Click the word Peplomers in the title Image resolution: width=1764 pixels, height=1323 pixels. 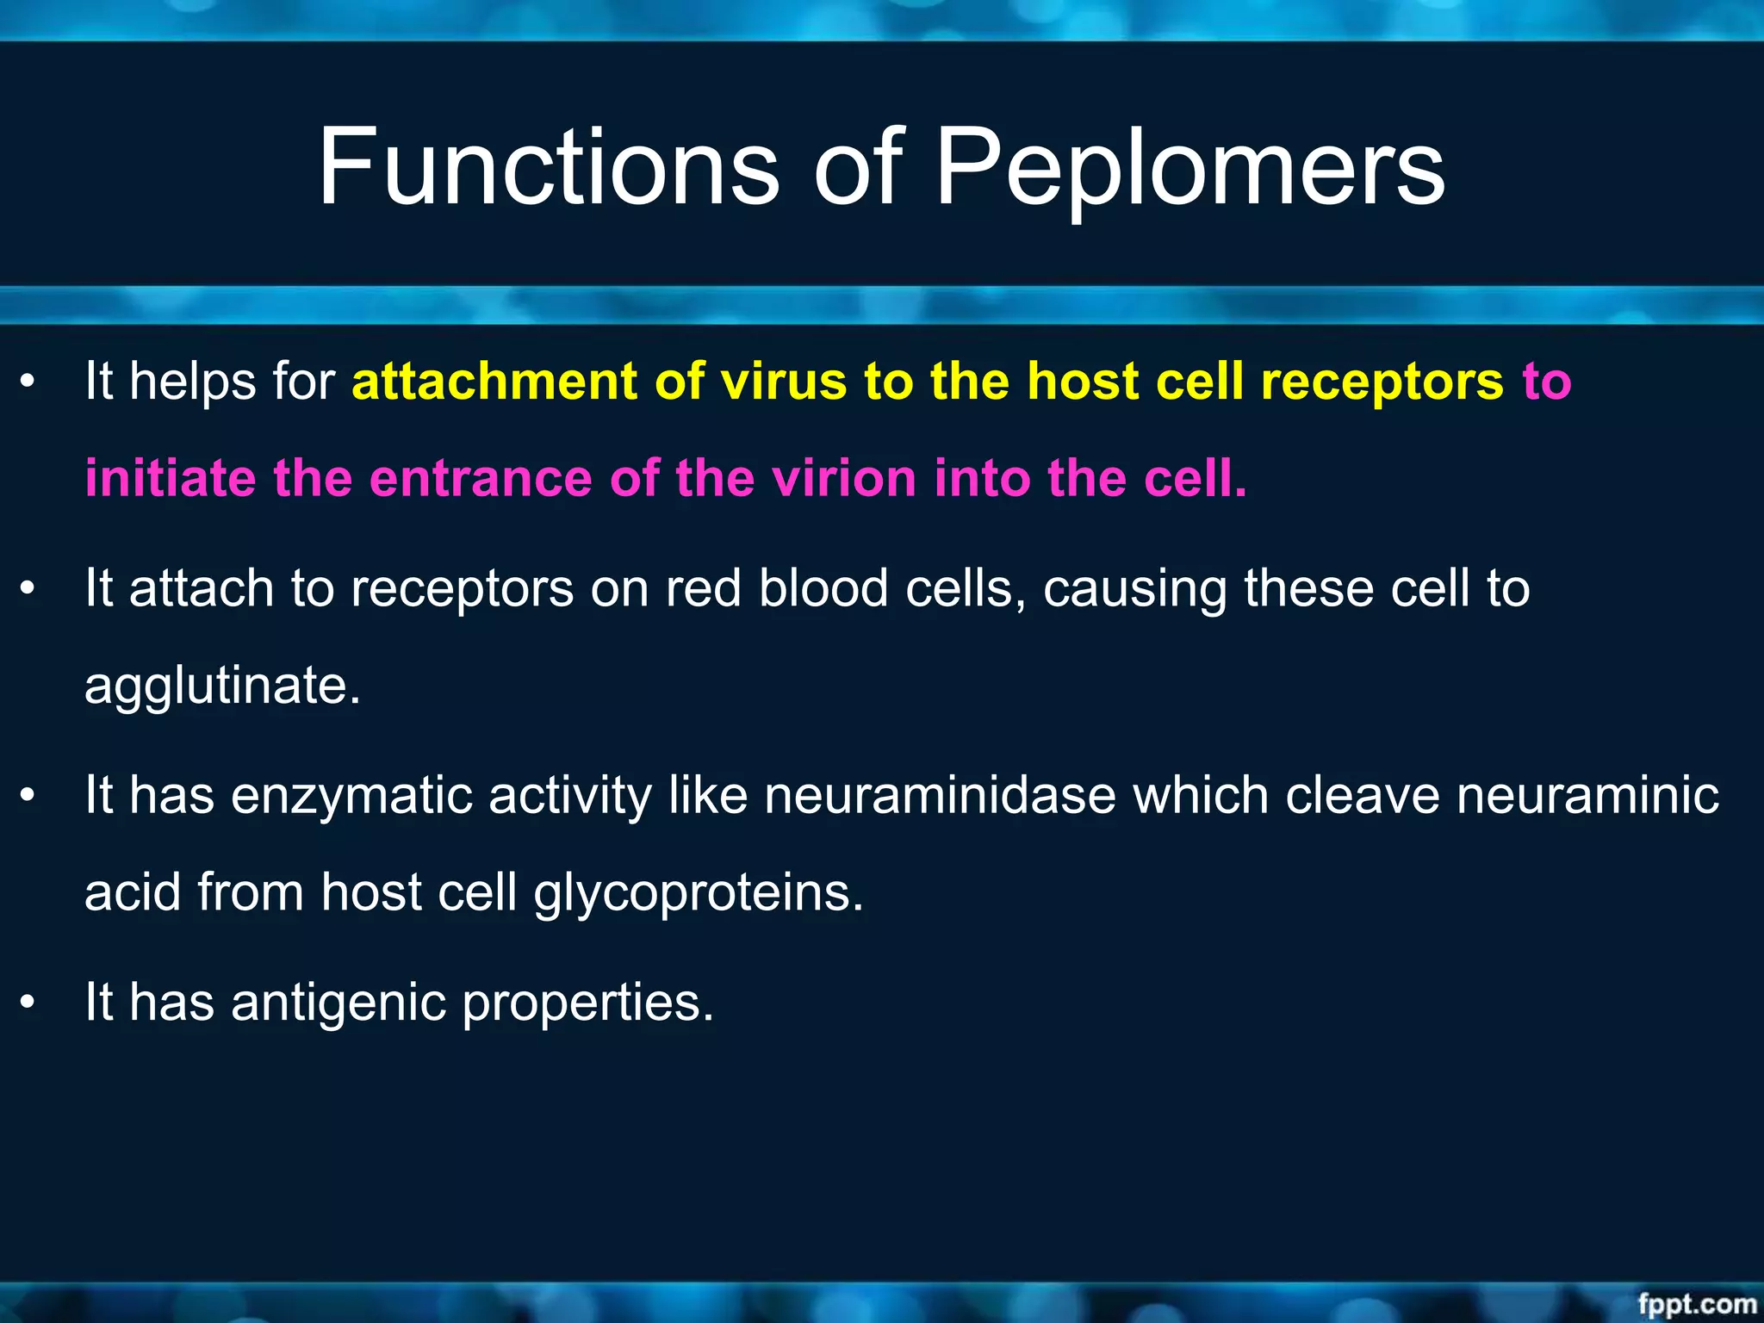(1189, 168)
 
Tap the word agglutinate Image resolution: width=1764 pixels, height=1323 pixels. (222, 686)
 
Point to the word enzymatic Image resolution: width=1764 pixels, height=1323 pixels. (351, 796)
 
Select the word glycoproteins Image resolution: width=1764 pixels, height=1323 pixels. (698, 894)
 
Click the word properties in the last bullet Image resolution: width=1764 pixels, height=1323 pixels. (587, 1004)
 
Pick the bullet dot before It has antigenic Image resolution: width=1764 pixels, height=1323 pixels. (28, 1003)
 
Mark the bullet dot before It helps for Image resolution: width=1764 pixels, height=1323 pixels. (28, 382)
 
